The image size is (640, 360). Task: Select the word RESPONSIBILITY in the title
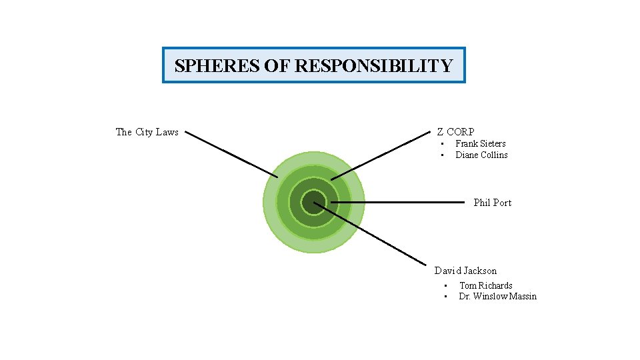click(373, 66)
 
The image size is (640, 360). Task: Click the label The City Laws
click(147, 132)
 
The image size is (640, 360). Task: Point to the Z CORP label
click(455, 132)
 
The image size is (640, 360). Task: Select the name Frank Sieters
click(480, 143)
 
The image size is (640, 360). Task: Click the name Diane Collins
click(481, 155)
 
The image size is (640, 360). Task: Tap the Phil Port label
click(492, 203)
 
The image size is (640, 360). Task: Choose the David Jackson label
click(465, 271)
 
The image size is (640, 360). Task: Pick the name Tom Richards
click(485, 285)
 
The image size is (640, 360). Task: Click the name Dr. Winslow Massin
click(497, 296)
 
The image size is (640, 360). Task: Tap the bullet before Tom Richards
click(445, 286)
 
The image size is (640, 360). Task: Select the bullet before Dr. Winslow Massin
click(445, 297)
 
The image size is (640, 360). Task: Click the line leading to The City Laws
click(231, 154)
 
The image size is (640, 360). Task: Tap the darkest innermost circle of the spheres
click(313, 202)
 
